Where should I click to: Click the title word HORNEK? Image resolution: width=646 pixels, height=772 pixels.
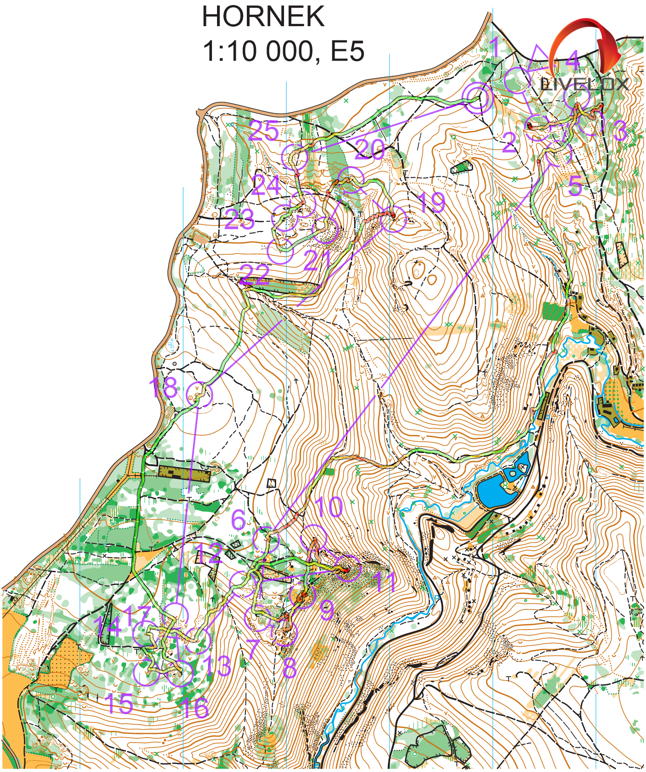click(x=263, y=17)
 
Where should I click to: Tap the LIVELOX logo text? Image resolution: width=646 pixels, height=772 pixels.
click(x=585, y=84)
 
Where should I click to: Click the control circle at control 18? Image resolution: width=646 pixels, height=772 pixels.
click(x=200, y=394)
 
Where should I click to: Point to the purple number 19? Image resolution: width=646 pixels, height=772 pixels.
click(x=431, y=202)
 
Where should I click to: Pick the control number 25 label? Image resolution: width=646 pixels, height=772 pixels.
click(x=263, y=131)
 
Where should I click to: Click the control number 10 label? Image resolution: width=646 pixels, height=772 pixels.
click(x=329, y=507)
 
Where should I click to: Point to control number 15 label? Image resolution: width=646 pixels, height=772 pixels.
click(x=119, y=703)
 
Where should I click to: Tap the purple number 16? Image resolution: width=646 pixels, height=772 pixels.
click(x=195, y=708)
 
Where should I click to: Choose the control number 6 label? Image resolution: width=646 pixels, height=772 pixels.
click(x=239, y=519)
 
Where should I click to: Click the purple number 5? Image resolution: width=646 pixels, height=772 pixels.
click(x=575, y=186)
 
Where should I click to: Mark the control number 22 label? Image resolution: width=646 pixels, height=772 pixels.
click(x=255, y=274)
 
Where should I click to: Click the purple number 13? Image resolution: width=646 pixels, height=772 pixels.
click(x=217, y=665)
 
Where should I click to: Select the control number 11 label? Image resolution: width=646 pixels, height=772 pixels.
click(x=385, y=581)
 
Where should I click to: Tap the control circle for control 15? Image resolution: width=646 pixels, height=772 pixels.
click(x=146, y=673)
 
